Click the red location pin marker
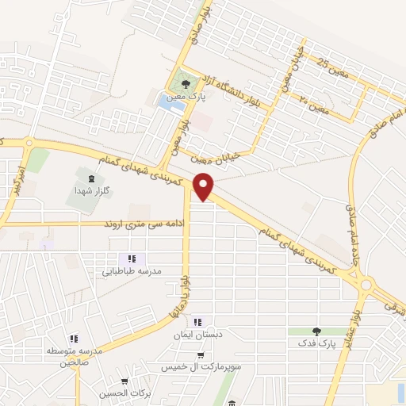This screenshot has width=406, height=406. [x=206, y=187]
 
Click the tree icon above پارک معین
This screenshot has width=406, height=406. [x=185, y=81]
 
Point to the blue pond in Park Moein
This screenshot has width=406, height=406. [x=167, y=101]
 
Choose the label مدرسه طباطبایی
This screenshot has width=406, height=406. [x=132, y=271]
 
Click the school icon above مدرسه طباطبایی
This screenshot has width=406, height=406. [x=132, y=259]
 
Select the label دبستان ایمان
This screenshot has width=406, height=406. [x=196, y=335]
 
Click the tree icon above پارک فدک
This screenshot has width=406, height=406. [x=318, y=331]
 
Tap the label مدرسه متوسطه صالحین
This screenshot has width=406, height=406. [x=73, y=356]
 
